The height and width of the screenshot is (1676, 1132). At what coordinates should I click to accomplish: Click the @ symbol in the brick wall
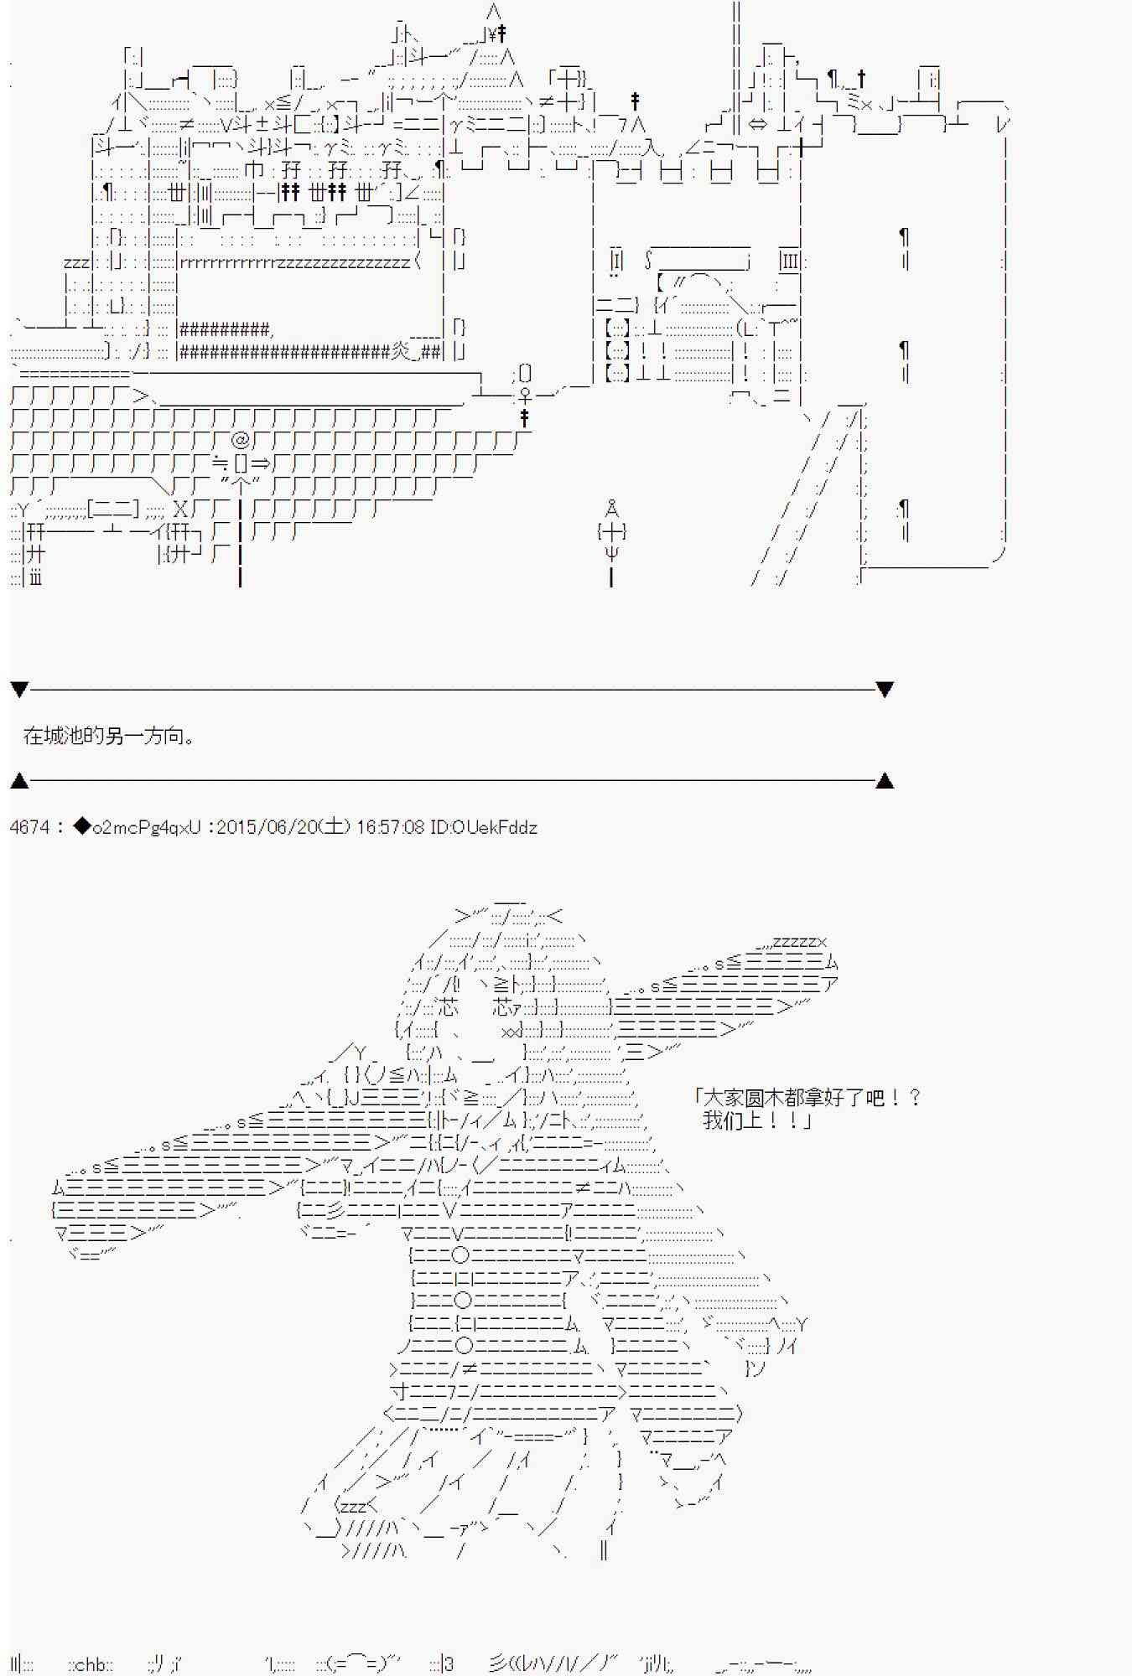click(x=241, y=439)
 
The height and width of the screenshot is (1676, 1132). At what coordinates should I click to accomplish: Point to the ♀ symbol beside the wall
click(x=526, y=393)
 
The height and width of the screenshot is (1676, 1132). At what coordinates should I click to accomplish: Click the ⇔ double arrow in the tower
click(x=757, y=124)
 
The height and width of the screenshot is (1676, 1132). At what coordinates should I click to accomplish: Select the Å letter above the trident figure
click(x=612, y=509)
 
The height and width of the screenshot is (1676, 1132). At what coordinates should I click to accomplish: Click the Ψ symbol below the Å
click(x=612, y=553)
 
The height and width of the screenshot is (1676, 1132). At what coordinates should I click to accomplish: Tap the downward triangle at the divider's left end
click(x=19, y=690)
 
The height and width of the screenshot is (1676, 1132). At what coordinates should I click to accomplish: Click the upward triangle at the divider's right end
click(x=884, y=781)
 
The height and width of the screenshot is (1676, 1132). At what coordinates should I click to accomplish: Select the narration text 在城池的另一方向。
click(x=110, y=737)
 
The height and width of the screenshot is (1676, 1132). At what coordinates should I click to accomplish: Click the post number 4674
click(x=29, y=827)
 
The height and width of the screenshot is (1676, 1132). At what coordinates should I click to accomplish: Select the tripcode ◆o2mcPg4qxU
click(x=138, y=827)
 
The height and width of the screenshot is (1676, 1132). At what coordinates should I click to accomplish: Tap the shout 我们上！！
click(x=757, y=1120)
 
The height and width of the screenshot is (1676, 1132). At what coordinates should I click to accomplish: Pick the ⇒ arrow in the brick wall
click(x=261, y=463)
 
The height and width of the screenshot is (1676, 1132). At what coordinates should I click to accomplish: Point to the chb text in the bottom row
click(x=90, y=1664)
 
